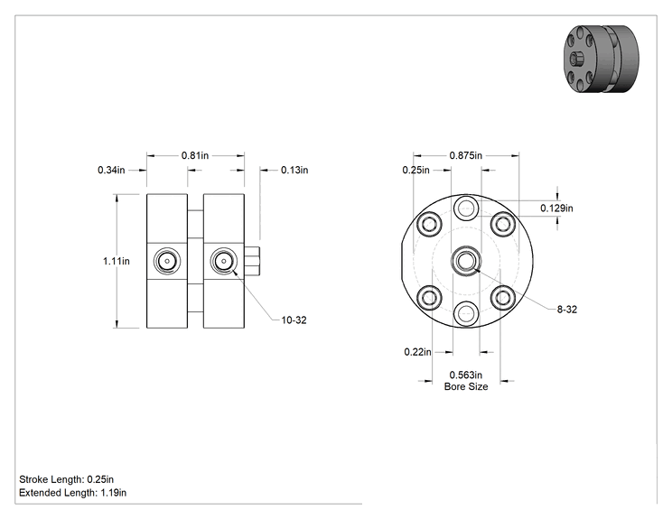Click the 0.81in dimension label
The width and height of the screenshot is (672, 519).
[x=195, y=155]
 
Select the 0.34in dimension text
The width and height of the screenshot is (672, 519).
[x=111, y=170]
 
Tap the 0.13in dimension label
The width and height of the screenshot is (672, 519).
[x=294, y=170]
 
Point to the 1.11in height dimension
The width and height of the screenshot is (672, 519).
[x=117, y=261]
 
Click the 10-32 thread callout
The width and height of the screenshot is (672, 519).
[x=294, y=320]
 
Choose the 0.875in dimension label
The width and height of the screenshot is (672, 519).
[x=466, y=155]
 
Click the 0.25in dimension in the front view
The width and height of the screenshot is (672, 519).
[x=415, y=170]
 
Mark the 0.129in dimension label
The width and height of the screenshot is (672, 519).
[x=556, y=209]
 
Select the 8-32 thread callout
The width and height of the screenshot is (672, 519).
[x=567, y=310]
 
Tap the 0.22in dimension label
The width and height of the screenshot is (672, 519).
[x=418, y=352]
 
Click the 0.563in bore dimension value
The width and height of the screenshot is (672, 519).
[x=466, y=375]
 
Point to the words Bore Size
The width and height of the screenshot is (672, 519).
[x=466, y=386]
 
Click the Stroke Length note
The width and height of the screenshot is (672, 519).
[x=67, y=479]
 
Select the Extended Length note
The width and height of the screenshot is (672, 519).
[x=73, y=493]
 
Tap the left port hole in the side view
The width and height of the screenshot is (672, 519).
[x=167, y=261]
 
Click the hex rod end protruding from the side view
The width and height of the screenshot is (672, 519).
[x=252, y=261]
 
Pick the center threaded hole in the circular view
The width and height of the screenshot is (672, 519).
[x=466, y=261]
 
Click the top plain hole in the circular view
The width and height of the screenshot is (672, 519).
[x=466, y=209]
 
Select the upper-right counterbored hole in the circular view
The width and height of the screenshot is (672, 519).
[x=503, y=224]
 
